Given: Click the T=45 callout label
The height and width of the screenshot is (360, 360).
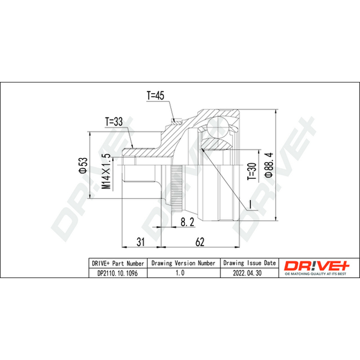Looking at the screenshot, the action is pos(155,95).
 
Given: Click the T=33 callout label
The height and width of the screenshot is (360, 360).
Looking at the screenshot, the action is pos(114,122).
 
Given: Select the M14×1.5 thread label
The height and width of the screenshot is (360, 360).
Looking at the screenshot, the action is pos(107,171).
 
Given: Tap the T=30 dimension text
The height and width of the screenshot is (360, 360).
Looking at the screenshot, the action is pos(252,171).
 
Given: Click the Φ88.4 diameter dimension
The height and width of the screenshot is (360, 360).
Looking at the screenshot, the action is pos(269,165).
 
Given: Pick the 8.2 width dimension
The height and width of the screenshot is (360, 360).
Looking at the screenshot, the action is pos(187,222).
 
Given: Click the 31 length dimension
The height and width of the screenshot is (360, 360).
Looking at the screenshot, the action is pos(141,242).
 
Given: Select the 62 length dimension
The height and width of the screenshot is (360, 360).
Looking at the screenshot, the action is pos(200,242).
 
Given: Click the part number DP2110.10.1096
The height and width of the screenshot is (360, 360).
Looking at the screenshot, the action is pos(117,273).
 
